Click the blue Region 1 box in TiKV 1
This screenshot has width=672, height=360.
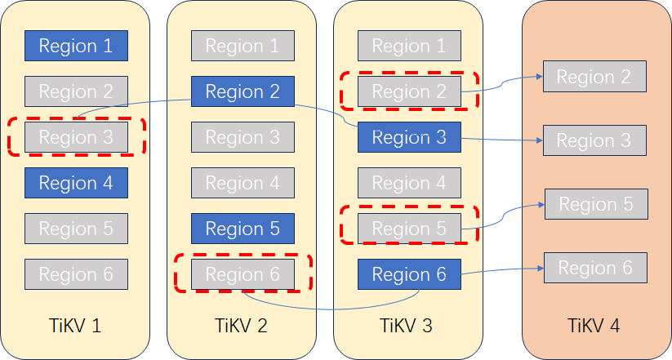click(76, 46)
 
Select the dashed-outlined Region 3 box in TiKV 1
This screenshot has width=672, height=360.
click(76, 137)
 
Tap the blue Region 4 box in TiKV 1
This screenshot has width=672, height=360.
click(76, 183)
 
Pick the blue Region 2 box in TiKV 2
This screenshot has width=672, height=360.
click(243, 91)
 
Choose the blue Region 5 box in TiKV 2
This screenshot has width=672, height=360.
click(243, 229)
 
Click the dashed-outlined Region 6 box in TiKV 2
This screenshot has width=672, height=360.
click(243, 274)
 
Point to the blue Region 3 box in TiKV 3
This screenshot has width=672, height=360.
click(409, 137)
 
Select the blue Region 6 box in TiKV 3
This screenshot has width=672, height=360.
click(409, 274)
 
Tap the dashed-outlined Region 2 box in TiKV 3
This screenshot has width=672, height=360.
click(409, 91)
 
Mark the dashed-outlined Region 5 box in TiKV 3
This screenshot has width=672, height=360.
click(409, 229)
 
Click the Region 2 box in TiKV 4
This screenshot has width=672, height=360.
click(594, 77)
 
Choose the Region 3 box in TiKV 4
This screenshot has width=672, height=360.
click(594, 140)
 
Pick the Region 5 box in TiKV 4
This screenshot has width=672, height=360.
click(596, 204)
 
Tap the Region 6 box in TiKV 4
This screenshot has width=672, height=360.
click(595, 268)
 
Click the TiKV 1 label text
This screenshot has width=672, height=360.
click(76, 326)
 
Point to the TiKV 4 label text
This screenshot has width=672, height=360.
click(594, 326)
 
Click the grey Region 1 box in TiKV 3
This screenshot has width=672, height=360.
click(409, 46)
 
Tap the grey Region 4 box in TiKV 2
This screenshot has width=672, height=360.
click(243, 183)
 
